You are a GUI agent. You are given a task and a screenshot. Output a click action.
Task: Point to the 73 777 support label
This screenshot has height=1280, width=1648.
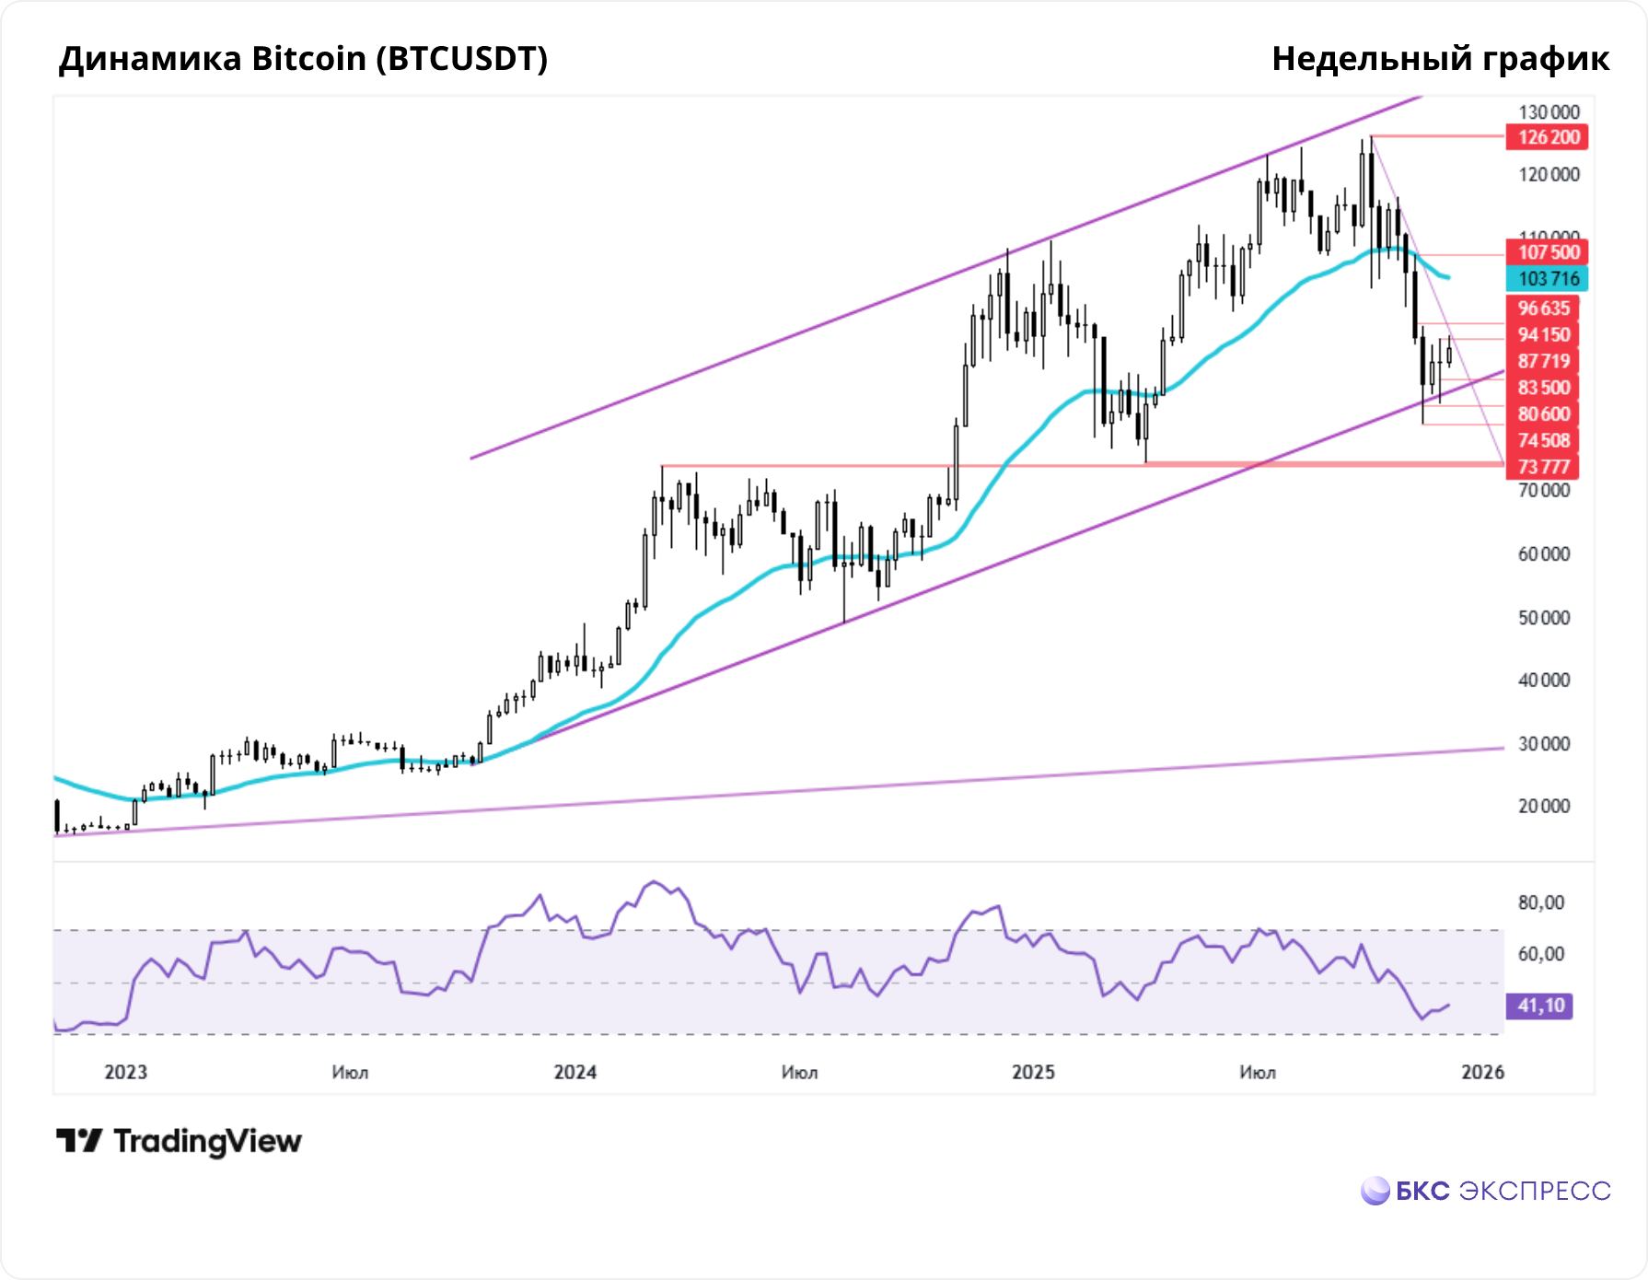pos(1543,467)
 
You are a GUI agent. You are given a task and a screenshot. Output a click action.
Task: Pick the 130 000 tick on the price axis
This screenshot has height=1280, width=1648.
pos(1549,112)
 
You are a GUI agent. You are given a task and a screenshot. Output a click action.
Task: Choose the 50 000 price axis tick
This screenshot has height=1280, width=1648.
pos(1544,617)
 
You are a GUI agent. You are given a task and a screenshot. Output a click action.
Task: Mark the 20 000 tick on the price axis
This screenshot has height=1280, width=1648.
pos(1544,806)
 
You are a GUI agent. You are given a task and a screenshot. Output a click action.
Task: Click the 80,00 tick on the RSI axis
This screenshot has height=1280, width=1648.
pos(1541,902)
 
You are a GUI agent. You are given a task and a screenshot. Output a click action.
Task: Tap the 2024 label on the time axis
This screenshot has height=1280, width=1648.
pos(574,1072)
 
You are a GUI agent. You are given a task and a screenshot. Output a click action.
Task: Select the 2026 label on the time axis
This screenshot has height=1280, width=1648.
pos(1483,1072)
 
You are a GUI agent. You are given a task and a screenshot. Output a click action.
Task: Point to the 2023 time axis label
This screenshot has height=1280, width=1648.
pos(125,1072)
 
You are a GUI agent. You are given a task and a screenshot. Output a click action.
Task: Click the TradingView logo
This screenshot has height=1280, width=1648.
pos(180,1142)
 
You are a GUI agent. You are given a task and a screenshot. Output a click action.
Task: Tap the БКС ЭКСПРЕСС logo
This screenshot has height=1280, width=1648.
pos(1486,1191)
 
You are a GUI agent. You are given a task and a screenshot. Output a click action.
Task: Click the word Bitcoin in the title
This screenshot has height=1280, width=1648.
pos(309,59)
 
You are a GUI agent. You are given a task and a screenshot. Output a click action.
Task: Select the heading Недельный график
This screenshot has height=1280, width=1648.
pos(1440,59)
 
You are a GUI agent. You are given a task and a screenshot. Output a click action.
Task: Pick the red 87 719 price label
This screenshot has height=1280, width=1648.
pos(1543,361)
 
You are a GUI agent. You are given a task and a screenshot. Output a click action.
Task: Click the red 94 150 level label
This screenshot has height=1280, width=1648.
pos(1543,334)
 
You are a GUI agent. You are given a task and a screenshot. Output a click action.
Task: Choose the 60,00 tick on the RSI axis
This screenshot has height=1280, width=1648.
pos(1541,954)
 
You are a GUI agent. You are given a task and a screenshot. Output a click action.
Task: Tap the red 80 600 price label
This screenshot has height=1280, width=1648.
pos(1543,413)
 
